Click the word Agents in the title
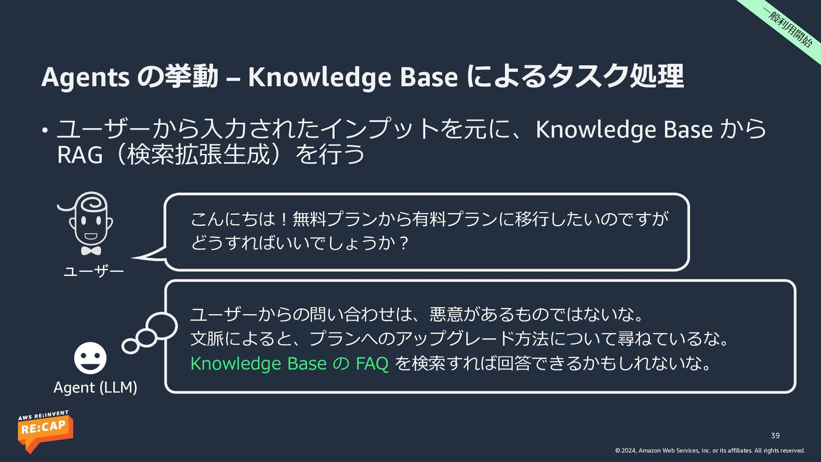(85, 77)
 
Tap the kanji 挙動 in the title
(194, 76)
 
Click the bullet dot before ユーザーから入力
(44, 130)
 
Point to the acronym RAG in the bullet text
(80, 155)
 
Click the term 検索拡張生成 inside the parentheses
(198, 154)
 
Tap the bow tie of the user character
(91, 251)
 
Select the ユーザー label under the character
(94, 271)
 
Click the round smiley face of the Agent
(90, 358)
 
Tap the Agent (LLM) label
(95, 387)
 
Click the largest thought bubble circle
(161, 326)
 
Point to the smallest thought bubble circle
(130, 346)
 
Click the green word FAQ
(372, 364)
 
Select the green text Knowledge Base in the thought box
(259, 364)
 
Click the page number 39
(775, 435)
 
